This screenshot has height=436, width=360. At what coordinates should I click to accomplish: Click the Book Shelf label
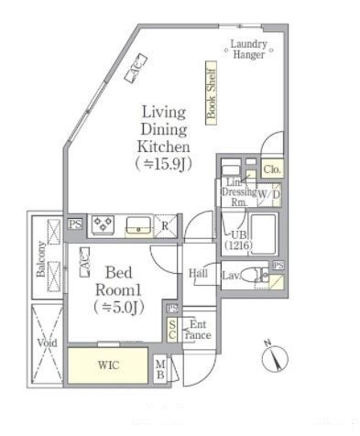pyautogui.click(x=211, y=93)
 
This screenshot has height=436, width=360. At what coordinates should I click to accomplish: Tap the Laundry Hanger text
pyautogui.click(x=248, y=49)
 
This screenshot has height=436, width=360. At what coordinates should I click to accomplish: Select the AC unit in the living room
pyautogui.click(x=136, y=68)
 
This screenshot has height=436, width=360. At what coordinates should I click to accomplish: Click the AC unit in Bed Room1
pyautogui.click(x=84, y=262)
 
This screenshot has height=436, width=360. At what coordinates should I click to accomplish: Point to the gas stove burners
pyautogui.click(x=104, y=223)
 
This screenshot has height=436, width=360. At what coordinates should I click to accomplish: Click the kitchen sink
pyautogui.click(x=138, y=225)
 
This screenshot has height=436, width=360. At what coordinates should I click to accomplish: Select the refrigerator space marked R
pyautogui.click(x=165, y=226)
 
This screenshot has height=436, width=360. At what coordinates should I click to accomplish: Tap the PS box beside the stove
pyautogui.click(x=75, y=224)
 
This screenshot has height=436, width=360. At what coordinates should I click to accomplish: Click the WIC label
pyautogui.click(x=109, y=365)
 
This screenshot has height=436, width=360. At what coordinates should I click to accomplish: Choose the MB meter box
pyautogui.click(x=160, y=369)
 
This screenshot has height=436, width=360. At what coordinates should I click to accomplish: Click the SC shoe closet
pyautogui.click(x=172, y=330)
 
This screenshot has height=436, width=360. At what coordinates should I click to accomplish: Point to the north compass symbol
pyautogui.click(x=275, y=358)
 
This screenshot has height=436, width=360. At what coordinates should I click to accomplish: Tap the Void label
pyautogui.click(x=48, y=343)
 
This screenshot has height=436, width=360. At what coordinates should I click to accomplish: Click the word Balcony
pyautogui.click(x=41, y=260)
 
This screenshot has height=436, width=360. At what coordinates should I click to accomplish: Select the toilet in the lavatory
pyautogui.click(x=253, y=276)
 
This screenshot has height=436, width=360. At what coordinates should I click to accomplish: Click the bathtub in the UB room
pyautogui.click(x=263, y=234)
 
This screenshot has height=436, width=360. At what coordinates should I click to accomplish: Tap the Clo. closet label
pyautogui.click(x=272, y=169)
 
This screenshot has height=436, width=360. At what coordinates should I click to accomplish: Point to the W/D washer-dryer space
pyautogui.click(x=269, y=194)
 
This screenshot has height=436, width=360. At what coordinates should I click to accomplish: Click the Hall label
pyautogui.click(x=198, y=273)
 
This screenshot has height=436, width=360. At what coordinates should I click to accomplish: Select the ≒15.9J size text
pyautogui.click(x=164, y=164)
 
